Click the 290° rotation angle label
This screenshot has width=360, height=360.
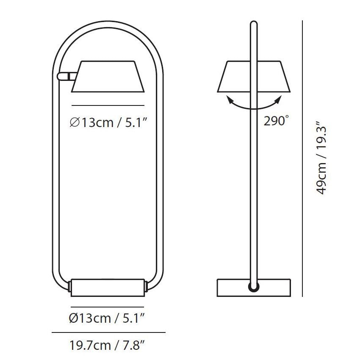[x=276, y=121]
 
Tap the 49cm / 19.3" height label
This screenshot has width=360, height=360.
[x=321, y=158]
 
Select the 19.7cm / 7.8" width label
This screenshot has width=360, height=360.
[x=107, y=345]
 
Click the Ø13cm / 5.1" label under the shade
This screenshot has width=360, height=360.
[x=108, y=122]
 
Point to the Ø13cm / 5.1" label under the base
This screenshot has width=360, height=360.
[x=107, y=318]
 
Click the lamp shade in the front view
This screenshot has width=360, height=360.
[x=108, y=77]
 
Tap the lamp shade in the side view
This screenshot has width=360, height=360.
[x=254, y=77]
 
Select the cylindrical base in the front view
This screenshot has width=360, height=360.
[x=108, y=288]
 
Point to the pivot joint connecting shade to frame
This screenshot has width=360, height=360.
[x=66, y=76]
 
